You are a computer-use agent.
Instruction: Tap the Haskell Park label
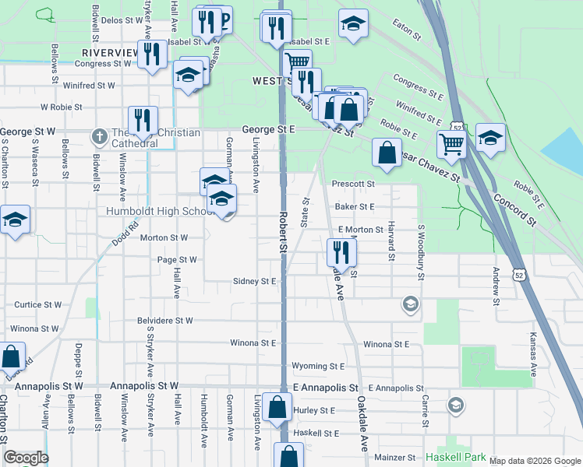pos(456,458)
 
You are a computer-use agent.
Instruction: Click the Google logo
pos(25,458)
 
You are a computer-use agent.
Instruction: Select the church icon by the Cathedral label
pos(99,137)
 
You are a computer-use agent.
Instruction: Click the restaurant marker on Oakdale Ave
pos(341,253)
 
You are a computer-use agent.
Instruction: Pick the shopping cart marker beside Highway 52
pos(451,142)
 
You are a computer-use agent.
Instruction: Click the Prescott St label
pos(354,184)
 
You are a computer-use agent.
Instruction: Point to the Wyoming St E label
pos(317,366)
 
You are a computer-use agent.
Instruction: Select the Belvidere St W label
pos(164,320)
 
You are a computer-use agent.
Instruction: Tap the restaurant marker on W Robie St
pos(143,120)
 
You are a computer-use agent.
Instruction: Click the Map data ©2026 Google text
pos(535,461)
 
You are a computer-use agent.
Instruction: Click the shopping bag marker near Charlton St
pos(11,357)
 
